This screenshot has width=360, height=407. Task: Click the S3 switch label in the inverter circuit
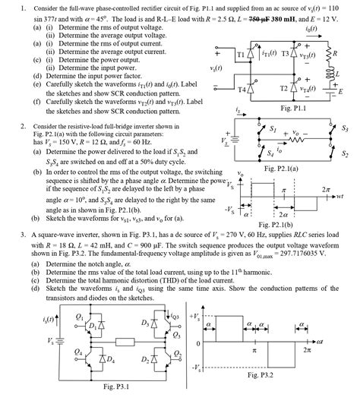coord(346,129)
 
